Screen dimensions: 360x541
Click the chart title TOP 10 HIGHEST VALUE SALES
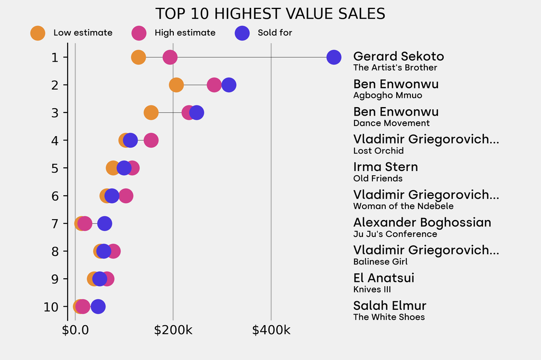[270, 13]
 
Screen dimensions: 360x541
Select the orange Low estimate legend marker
[38, 33]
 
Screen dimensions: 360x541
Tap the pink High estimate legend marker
[139, 33]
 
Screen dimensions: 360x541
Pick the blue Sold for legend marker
[241, 33]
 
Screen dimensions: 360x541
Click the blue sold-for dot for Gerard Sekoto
[333, 57]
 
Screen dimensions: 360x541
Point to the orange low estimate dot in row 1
[138, 57]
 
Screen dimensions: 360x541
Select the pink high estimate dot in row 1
[170, 57]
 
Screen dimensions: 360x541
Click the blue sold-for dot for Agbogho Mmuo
[229, 85]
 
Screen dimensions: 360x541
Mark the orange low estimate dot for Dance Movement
[151, 112]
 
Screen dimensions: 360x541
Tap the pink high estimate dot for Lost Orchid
[151, 140]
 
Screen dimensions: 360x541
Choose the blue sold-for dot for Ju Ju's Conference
[105, 223]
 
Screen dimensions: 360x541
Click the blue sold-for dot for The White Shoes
[98, 307]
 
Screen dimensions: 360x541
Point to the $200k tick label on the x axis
[173, 330]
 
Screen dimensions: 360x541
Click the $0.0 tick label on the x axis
[75, 330]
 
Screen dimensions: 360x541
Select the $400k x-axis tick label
[271, 330]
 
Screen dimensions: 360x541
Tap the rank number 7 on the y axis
[55, 223]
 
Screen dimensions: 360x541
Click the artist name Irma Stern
[385, 167]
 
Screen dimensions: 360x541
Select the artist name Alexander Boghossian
[422, 222]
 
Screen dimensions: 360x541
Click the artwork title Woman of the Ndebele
[403, 206]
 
